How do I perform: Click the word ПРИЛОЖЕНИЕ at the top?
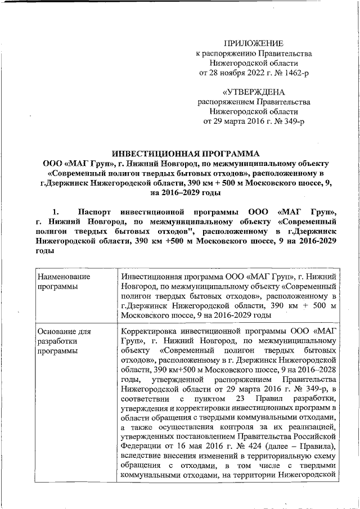(254, 43)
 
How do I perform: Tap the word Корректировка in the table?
(151, 331)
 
